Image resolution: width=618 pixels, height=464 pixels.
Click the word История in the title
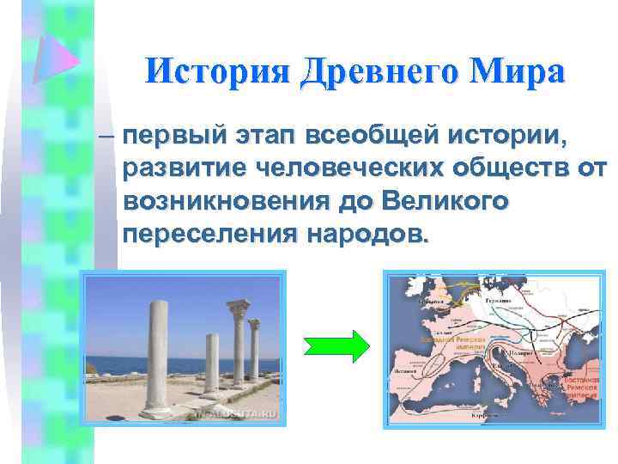coord(215,71)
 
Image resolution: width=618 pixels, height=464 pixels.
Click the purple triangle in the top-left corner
coord(54,58)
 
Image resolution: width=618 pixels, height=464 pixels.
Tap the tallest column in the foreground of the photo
coord(155,356)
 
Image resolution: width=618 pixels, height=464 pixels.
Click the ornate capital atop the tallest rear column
coord(235,308)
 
